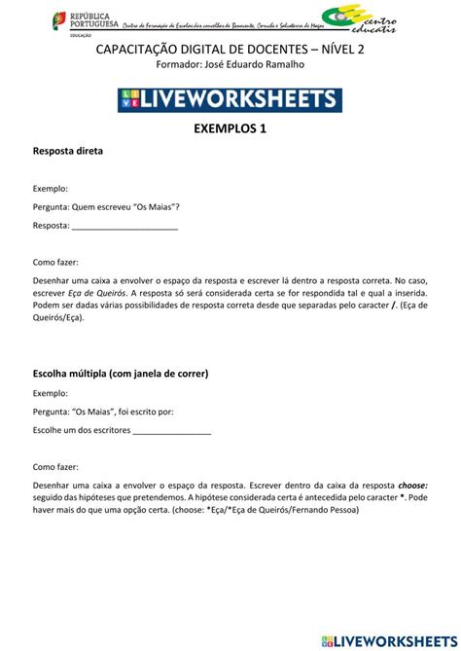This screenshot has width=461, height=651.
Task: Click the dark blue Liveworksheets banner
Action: pos(230,98)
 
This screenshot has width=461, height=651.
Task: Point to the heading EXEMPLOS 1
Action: pos(230,129)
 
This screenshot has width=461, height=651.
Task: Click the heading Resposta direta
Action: pos(67,153)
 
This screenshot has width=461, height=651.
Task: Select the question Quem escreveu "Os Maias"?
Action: pos(124,206)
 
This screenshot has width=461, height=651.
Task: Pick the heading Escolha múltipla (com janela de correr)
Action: pos(121,373)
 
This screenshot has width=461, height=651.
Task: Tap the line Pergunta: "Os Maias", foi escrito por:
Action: pos(103,412)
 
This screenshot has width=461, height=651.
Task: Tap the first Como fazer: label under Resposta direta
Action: pos(55,262)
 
